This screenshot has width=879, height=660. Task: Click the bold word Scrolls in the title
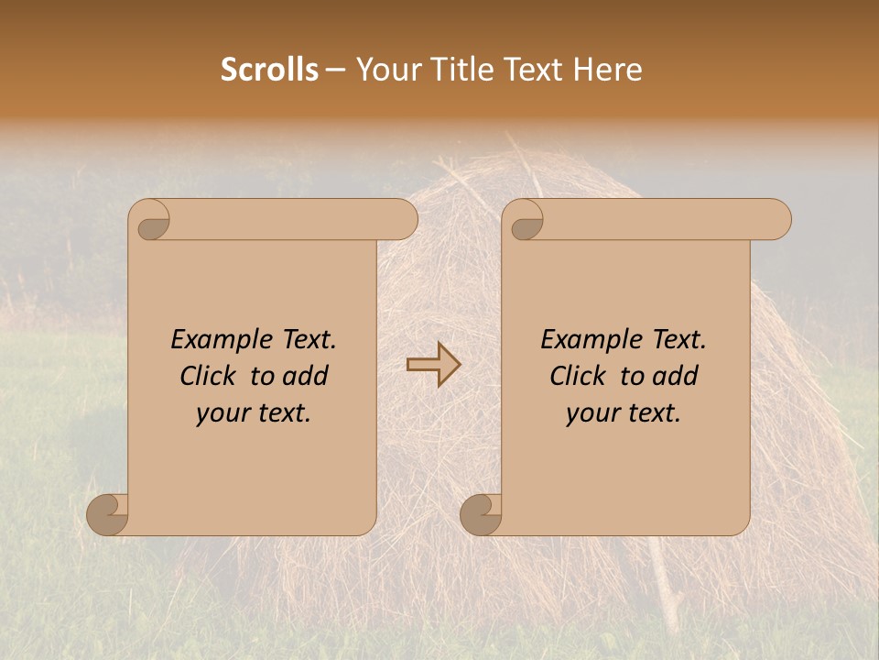269,70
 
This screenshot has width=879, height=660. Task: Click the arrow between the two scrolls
433,365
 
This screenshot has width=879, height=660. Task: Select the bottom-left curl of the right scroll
481,515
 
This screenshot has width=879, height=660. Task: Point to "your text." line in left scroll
254,413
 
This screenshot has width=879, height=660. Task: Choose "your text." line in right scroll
624,413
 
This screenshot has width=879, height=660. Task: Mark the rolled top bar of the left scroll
293,220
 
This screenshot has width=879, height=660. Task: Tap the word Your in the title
385,70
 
